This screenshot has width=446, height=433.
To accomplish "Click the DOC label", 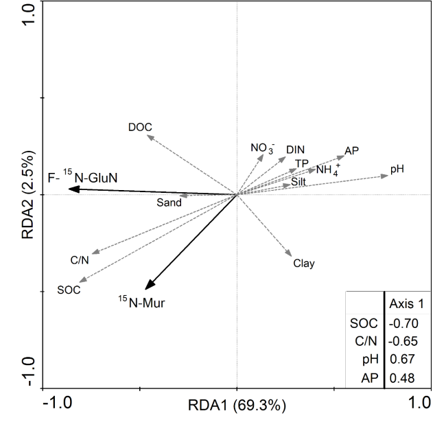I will (140, 127).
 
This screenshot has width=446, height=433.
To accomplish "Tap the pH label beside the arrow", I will (397, 168).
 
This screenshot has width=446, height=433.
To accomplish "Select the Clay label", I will (303, 263).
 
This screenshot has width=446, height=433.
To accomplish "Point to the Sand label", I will (169, 202).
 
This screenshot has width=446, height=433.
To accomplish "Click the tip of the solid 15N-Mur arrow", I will (145, 289).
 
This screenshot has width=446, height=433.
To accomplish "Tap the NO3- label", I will (262, 148).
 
